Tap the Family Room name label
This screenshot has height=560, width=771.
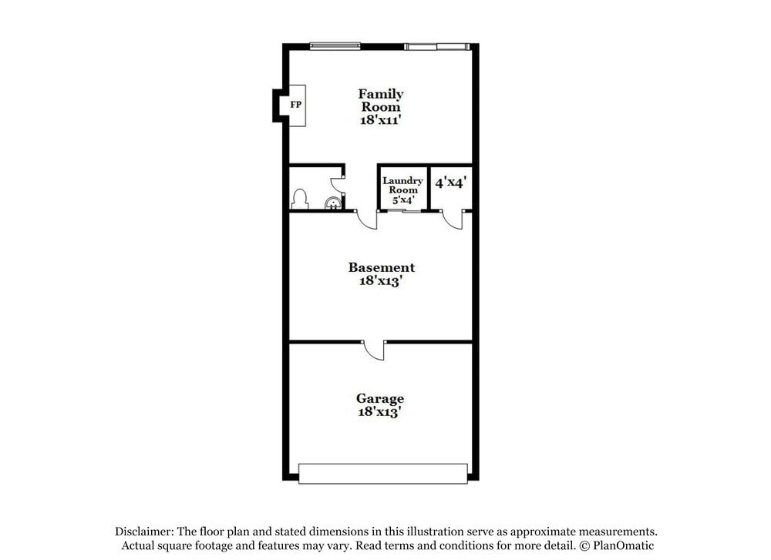click(381, 100)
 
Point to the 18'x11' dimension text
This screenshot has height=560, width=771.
click(381, 120)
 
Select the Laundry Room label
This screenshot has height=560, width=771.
click(402, 185)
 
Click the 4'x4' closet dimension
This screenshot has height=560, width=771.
click(451, 183)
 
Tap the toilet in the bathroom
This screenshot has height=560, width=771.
click(300, 199)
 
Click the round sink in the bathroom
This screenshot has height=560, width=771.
click(332, 203)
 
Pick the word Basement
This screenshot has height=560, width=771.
click(381, 267)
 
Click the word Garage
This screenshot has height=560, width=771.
click(380, 398)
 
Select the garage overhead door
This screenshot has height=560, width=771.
click(383, 473)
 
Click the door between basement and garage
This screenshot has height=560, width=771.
click(375, 350)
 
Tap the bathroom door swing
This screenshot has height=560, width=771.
click(338, 186)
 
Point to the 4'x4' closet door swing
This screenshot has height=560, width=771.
click(453, 220)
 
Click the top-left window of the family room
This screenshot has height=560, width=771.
click(335, 46)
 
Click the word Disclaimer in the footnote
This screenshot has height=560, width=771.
click(145, 531)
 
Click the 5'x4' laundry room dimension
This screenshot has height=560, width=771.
click(403, 200)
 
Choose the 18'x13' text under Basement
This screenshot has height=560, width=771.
click(381, 281)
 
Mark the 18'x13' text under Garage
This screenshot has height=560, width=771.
click(380, 412)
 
